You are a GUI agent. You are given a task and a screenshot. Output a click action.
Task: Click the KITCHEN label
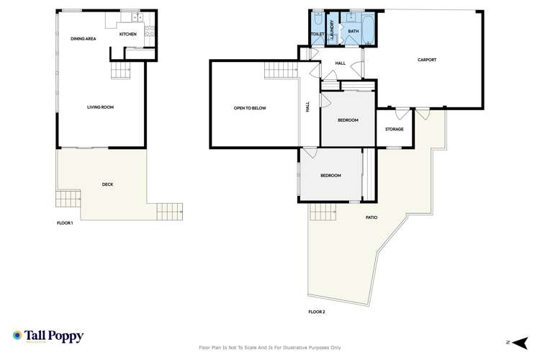(127, 35)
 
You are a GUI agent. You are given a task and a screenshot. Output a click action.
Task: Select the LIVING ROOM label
(101, 107)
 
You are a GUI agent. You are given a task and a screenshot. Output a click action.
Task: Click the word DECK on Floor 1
(107, 184)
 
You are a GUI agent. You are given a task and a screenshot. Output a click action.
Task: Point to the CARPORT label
(427, 60)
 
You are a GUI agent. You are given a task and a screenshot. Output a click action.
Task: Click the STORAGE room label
(394, 129)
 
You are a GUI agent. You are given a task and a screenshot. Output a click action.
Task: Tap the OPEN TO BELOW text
(250, 108)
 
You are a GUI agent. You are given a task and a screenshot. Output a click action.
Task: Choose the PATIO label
(372, 217)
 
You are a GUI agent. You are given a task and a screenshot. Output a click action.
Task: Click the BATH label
(353, 32)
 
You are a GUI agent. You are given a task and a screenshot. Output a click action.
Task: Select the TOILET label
(317, 34)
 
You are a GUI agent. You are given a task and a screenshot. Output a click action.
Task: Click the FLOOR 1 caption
(65, 223)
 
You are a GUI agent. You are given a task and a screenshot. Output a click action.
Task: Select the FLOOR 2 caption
(317, 312)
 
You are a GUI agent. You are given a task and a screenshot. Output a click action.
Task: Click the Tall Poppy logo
(48, 336)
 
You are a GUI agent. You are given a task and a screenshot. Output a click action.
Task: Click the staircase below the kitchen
(120, 71)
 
